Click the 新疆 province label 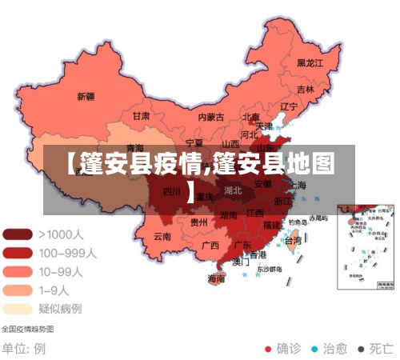[x=86, y=97]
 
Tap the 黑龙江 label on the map [x=310, y=62]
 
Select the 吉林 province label [x=306, y=90]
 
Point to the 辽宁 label [x=288, y=106]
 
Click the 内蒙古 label [x=210, y=117]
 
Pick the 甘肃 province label [x=141, y=115]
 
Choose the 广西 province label [x=210, y=245]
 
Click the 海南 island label [x=216, y=278]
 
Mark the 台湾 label [x=294, y=240]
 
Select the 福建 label [x=272, y=226]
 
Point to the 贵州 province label [x=199, y=222]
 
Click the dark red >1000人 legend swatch [x=18, y=234]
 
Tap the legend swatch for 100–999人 [x=18, y=253]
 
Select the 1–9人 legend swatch [x=18, y=290]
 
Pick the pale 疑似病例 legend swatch [x=18, y=308]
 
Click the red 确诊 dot [x=269, y=349]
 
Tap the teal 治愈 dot [x=315, y=349]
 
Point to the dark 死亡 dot [x=362, y=349]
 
